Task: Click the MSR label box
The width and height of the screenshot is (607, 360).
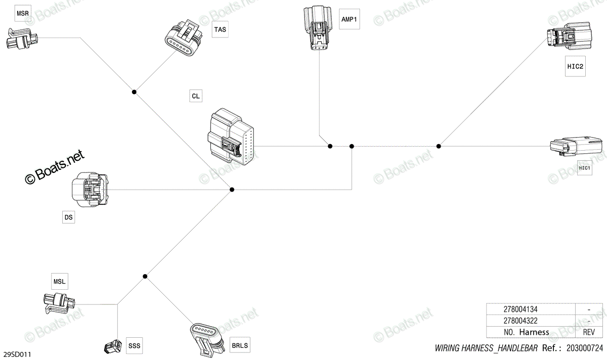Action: (22, 13)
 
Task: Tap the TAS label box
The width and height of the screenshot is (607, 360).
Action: (220, 29)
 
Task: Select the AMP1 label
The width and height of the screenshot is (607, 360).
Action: (350, 19)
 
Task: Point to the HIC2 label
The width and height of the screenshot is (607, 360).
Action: (575, 66)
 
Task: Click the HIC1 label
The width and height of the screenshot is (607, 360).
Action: (585, 168)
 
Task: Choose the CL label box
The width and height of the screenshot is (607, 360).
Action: (196, 96)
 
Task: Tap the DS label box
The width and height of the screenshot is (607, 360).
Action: (69, 217)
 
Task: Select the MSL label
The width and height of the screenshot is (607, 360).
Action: (60, 282)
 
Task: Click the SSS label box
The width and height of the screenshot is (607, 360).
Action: (135, 346)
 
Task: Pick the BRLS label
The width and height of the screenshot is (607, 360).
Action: (240, 345)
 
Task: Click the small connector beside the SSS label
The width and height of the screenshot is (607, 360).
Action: (113, 346)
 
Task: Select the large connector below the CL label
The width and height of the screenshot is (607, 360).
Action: (231, 137)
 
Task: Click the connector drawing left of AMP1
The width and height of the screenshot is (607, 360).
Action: (318, 28)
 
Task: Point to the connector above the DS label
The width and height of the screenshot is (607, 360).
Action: (90, 190)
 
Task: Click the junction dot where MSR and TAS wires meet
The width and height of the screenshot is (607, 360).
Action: (134, 92)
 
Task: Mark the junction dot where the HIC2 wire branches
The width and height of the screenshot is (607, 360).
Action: (439, 146)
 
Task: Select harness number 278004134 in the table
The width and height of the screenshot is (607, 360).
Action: (521, 309)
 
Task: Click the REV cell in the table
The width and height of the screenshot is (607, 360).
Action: (589, 332)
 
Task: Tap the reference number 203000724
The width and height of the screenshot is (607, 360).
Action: (585, 348)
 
